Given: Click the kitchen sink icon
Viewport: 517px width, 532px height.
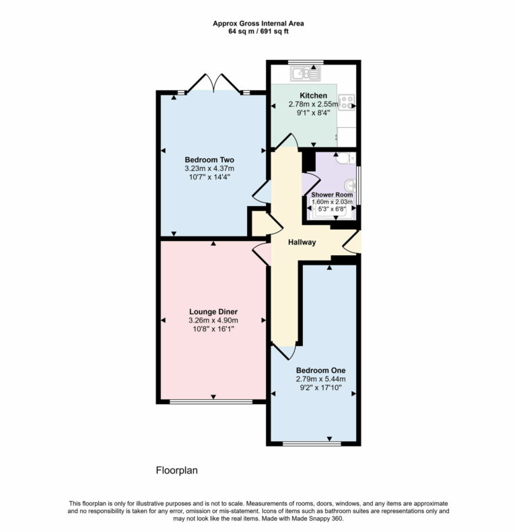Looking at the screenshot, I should (x=306, y=69).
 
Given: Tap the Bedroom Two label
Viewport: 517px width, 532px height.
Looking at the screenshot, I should (x=209, y=160).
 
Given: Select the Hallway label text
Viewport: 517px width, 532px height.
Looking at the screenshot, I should (x=302, y=242).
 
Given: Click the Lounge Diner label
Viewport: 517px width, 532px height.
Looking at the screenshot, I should (x=213, y=312).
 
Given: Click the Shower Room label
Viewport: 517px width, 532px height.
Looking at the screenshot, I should (x=332, y=195).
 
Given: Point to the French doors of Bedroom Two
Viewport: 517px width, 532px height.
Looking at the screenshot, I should (x=214, y=84).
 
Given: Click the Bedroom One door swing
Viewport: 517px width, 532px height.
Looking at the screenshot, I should (x=283, y=352).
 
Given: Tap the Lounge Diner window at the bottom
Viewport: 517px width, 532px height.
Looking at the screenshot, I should (x=210, y=402).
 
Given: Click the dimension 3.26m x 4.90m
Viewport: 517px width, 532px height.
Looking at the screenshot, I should (x=213, y=321).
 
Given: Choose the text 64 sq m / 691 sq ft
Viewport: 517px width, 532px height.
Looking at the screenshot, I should (x=258, y=31).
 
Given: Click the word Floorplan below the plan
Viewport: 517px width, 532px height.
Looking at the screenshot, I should (x=176, y=471).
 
